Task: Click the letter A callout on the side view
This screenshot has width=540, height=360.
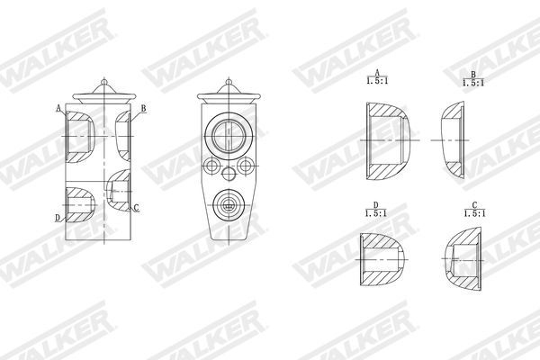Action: pos(58,108)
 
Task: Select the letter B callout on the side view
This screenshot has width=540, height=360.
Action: pos(142,108)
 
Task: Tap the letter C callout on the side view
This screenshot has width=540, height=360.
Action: pos(137,208)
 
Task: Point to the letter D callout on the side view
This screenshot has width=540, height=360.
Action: pos(58,218)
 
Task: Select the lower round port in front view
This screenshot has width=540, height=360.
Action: pos(228,205)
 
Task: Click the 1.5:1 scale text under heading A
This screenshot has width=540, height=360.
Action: pos(378,81)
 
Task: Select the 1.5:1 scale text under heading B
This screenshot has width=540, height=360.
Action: pos(472,81)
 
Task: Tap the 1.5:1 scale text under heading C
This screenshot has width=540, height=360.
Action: pos(472,213)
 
